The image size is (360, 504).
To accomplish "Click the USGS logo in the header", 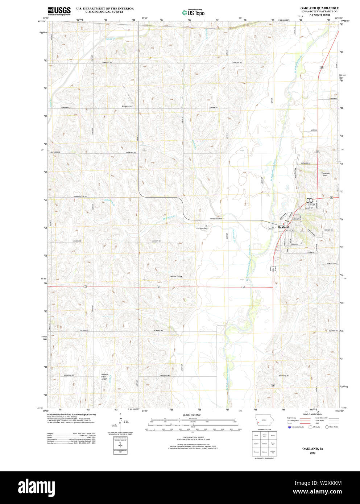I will click(x=59, y=11).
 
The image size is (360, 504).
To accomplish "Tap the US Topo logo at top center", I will click(x=193, y=12).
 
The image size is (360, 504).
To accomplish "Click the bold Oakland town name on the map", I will click(x=283, y=227).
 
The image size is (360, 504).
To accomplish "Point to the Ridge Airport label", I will click(x=127, y=106).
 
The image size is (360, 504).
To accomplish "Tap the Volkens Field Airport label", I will click(x=104, y=376).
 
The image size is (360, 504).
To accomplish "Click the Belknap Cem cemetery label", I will click(x=175, y=276).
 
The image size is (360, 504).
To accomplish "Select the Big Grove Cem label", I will click(x=202, y=228).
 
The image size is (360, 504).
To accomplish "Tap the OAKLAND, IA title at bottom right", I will click(x=313, y=449).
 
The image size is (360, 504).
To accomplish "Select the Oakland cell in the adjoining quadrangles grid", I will click(x=264, y=443).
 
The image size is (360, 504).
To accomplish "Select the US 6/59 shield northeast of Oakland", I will click(x=309, y=200).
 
